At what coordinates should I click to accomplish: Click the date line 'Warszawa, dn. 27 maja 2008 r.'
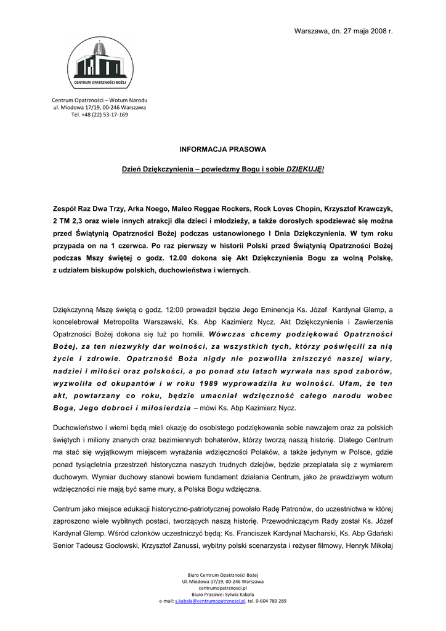(343, 31)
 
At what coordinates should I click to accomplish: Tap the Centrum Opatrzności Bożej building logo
(99, 63)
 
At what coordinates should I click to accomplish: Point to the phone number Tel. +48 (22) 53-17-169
(99, 115)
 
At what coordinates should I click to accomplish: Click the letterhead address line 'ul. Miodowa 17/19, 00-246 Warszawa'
(99, 107)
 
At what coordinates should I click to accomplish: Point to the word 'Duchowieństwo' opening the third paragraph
(77, 426)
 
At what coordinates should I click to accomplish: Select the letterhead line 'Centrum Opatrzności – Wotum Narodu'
(99, 100)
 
